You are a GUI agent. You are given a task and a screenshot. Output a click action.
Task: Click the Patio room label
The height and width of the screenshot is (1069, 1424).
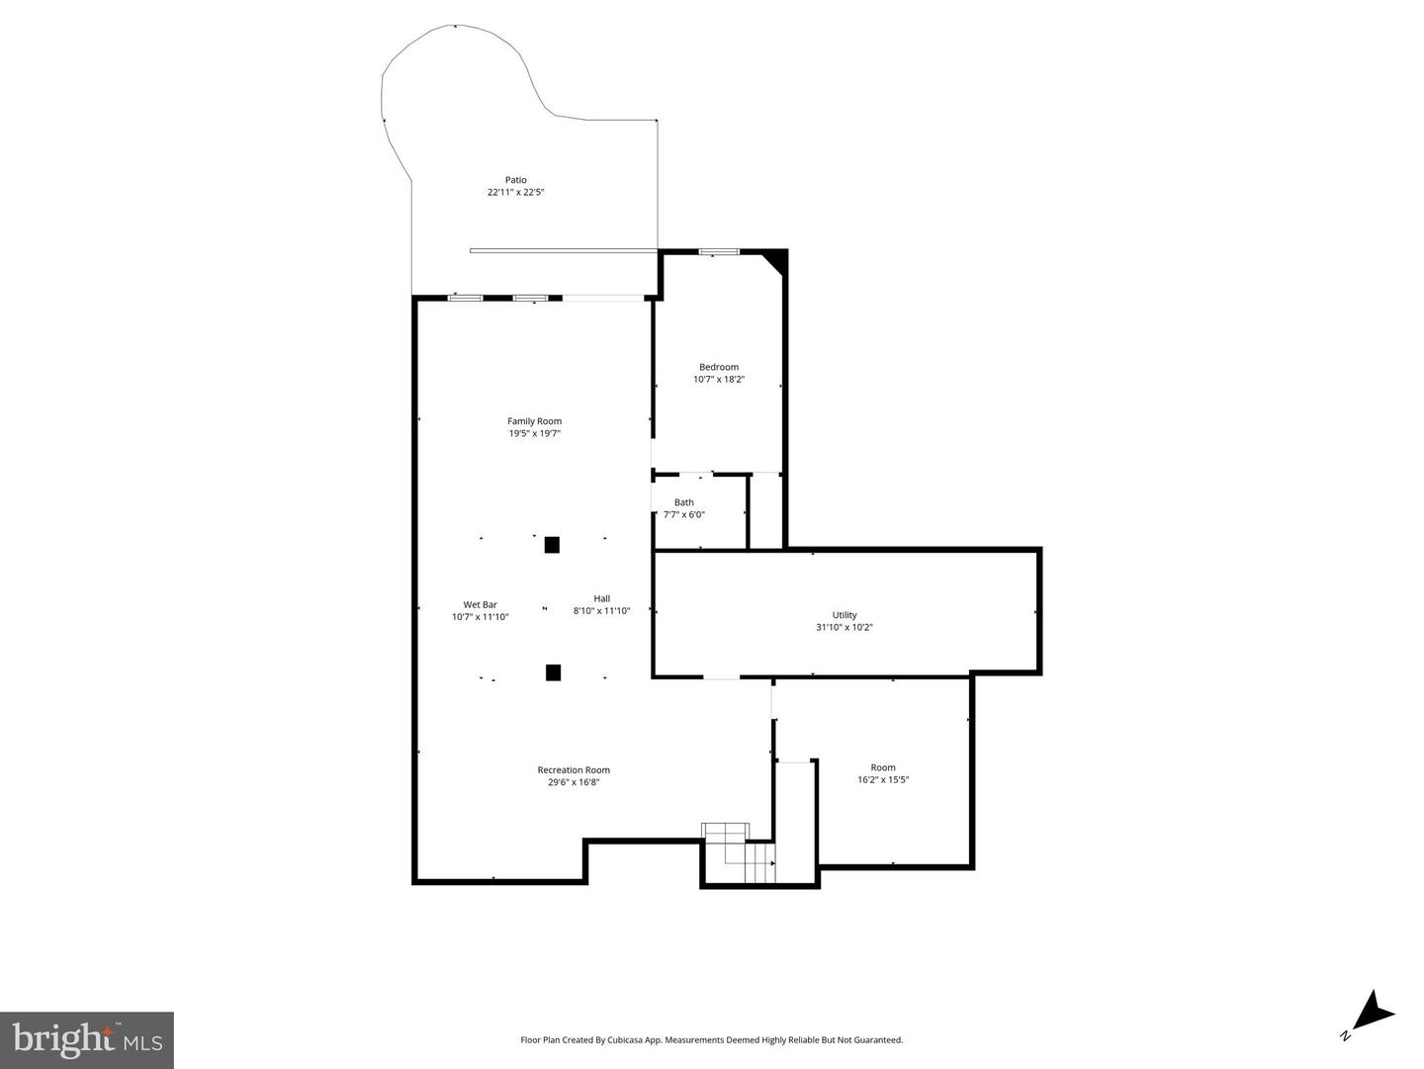(x=515, y=180)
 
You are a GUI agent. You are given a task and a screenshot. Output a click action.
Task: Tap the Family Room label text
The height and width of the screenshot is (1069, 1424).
(x=534, y=421)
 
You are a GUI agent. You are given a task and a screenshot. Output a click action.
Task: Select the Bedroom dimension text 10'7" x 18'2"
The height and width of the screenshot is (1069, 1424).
(x=718, y=379)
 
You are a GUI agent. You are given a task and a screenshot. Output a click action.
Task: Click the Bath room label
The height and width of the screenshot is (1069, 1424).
(x=683, y=502)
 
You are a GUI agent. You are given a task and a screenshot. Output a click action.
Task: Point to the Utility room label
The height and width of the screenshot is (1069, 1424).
(x=845, y=615)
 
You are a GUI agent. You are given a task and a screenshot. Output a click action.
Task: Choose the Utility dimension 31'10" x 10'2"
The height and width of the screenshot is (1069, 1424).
(x=845, y=627)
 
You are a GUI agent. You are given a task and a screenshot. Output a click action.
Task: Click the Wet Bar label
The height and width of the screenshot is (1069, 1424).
(x=480, y=605)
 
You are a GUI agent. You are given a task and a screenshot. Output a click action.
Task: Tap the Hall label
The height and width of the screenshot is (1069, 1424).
(x=601, y=598)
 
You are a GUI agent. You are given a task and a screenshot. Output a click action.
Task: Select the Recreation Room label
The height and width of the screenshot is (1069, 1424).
(x=574, y=770)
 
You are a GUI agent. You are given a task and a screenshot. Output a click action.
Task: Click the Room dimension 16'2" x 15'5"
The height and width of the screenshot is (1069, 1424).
(x=883, y=779)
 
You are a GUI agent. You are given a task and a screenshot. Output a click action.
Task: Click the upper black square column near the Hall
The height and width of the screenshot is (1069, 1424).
(x=552, y=545)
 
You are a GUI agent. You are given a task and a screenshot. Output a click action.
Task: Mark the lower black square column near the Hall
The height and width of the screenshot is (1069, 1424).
(x=553, y=672)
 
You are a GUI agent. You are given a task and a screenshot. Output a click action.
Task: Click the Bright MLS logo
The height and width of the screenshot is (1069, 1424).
(x=87, y=1040)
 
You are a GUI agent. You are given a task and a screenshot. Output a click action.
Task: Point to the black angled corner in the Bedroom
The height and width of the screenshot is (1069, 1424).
(x=775, y=262)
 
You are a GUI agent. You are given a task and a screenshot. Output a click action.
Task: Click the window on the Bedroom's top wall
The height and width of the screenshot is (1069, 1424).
(x=718, y=252)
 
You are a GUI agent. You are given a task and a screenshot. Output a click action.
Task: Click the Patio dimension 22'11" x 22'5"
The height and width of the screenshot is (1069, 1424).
(x=515, y=192)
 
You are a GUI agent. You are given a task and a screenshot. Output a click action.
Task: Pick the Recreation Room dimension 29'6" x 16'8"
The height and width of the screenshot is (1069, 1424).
(x=574, y=782)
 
